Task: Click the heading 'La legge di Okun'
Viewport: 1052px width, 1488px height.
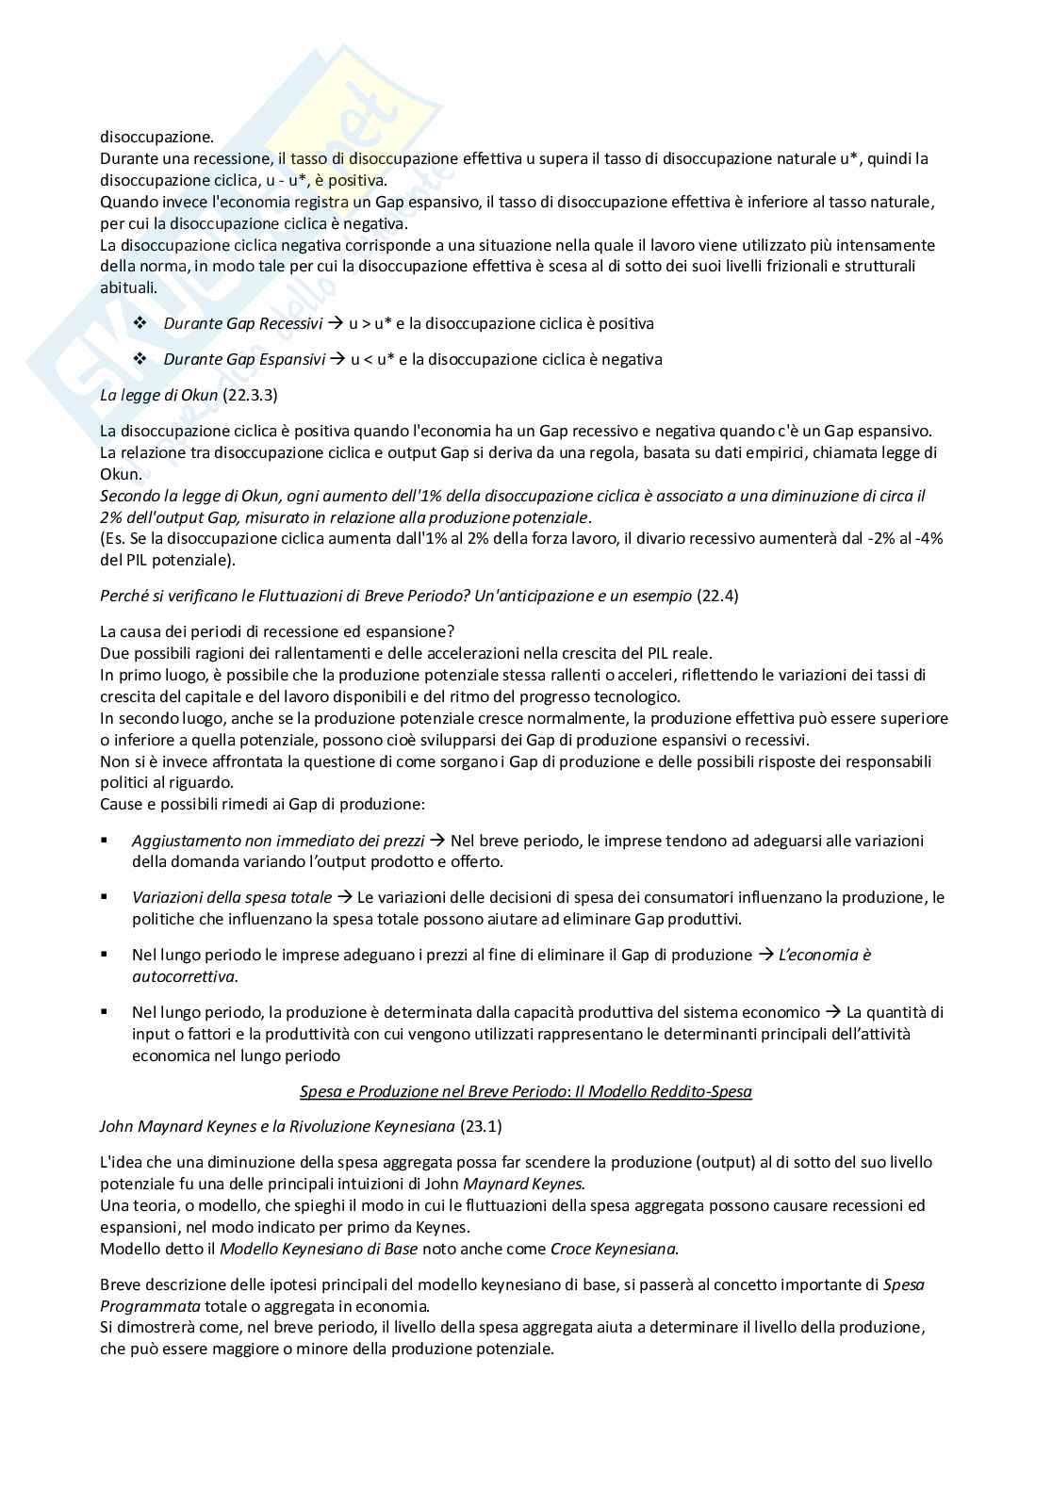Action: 158,395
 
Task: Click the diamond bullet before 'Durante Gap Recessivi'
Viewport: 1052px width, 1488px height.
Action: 140,323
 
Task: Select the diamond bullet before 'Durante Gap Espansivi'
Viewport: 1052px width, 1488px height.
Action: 140,359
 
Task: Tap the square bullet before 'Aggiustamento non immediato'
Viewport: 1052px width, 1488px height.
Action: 105,839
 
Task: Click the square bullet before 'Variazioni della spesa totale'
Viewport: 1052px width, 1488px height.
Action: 105,896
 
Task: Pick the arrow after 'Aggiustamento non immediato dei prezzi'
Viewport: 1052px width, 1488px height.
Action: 437,840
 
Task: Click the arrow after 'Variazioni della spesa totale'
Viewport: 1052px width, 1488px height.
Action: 344,897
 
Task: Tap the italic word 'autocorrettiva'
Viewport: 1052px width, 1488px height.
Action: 184,976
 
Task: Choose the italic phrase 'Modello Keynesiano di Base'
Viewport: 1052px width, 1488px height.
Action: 319,1249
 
